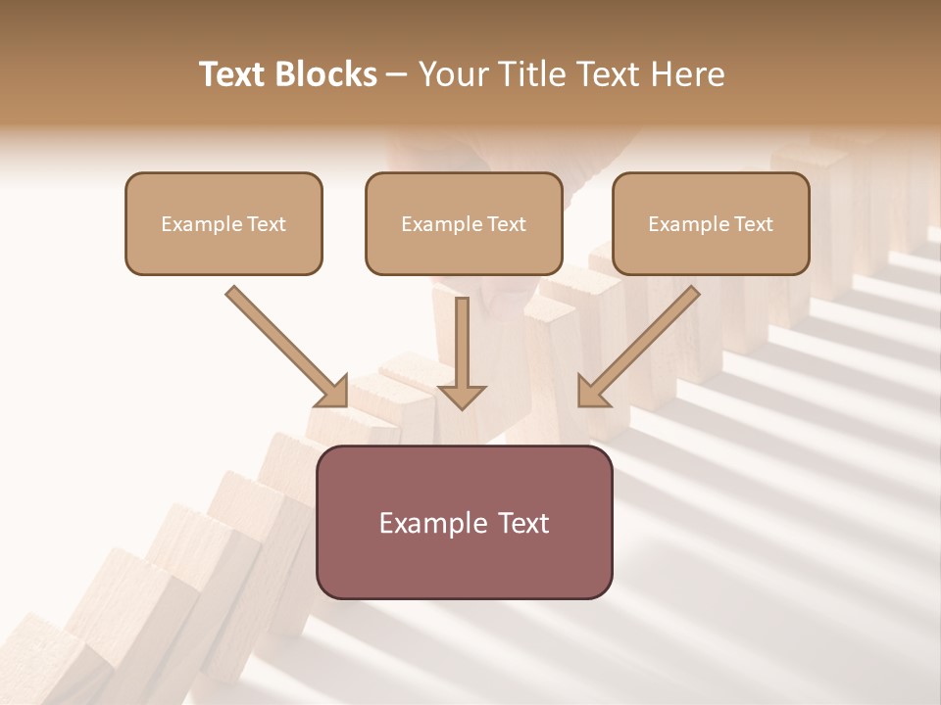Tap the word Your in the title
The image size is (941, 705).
(453, 74)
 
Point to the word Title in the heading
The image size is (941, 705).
(530, 74)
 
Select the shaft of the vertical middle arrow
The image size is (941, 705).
(462, 338)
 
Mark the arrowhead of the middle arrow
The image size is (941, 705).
(462, 396)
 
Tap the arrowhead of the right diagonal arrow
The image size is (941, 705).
(592, 393)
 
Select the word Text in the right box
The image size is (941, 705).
(753, 224)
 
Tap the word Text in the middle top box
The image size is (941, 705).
(506, 224)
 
